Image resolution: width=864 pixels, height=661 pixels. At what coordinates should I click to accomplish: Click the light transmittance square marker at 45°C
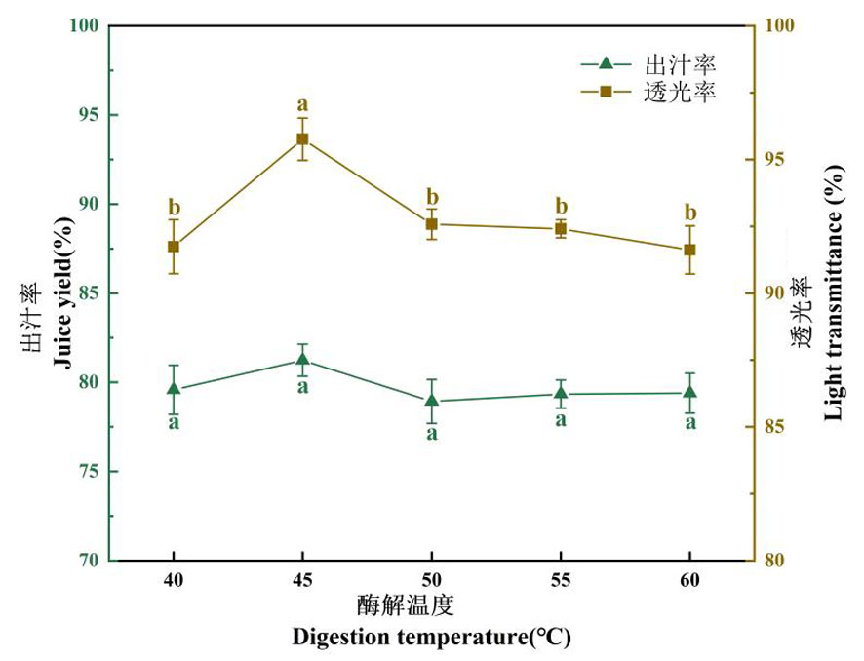coord(302,138)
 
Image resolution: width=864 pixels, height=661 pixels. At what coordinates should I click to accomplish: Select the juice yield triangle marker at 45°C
coord(302,361)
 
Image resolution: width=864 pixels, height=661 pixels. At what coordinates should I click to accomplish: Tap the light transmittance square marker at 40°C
coord(174,247)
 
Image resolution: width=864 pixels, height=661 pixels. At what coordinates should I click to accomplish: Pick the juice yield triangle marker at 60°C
coord(689,393)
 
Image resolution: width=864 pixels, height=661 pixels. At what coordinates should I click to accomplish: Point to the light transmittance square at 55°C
coord(561,228)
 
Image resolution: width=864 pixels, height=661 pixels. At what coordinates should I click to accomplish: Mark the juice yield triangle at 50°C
coord(431,400)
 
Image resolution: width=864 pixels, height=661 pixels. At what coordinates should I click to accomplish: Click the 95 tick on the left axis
coord(85,115)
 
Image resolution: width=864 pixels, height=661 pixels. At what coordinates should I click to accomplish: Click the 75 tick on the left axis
coord(85,472)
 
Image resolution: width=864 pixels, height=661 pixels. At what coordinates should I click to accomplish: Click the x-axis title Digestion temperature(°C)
coord(431,638)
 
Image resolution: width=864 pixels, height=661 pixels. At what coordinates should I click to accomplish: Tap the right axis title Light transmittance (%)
coord(834,293)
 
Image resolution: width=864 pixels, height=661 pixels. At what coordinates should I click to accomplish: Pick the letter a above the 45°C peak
coord(302,105)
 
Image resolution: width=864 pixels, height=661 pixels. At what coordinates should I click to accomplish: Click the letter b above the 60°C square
coord(690,213)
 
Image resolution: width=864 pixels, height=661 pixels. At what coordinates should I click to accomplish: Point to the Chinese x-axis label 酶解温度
coord(405,606)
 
